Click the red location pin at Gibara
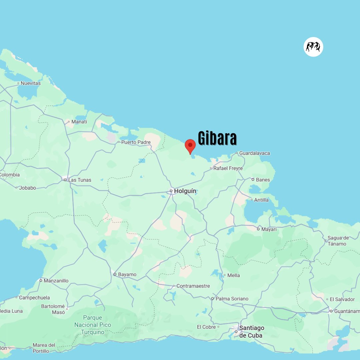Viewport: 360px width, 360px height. [x=190, y=146]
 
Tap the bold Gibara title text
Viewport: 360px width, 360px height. [x=217, y=138]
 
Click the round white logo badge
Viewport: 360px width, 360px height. [x=313, y=47]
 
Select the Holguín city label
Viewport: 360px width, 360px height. [x=185, y=191]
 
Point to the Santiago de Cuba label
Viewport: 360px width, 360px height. [x=252, y=332]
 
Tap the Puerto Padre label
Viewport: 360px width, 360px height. [x=136, y=142]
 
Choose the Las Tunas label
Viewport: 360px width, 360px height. [x=80, y=180]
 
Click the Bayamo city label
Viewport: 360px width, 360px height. [x=127, y=275]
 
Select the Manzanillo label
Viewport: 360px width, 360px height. [x=56, y=281]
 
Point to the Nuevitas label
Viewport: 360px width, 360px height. [x=31, y=83]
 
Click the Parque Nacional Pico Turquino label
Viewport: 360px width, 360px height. [x=93, y=325]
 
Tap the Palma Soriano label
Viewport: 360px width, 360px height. [x=232, y=299]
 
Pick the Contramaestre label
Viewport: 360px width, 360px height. [x=193, y=286]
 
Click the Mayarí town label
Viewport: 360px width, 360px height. [x=269, y=229]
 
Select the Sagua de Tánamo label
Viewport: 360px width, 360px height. [x=338, y=241]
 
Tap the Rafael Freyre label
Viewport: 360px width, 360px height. [x=228, y=168]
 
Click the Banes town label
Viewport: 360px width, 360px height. [x=263, y=180]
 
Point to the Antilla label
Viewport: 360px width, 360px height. [x=261, y=200]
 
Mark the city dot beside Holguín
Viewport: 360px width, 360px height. [x=171, y=191]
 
